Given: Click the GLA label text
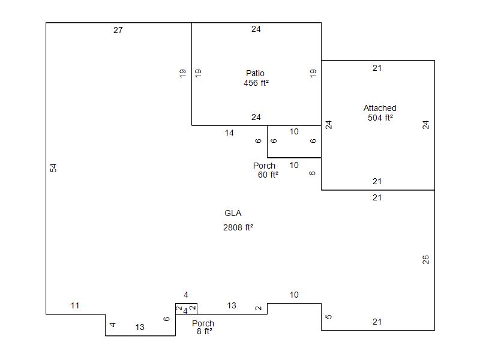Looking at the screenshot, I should pyautogui.click(x=233, y=213).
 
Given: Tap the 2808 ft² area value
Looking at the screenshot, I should pyautogui.click(x=238, y=227).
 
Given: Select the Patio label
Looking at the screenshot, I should pyautogui.click(x=255, y=74).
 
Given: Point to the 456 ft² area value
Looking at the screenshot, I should pyautogui.click(x=256, y=83).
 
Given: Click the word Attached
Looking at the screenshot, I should pyautogui.click(x=380, y=108).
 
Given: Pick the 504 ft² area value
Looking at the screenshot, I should pyautogui.click(x=380, y=118).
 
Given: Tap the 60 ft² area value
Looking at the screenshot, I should pyautogui.click(x=268, y=175).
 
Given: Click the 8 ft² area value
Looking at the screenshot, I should pyautogui.click(x=205, y=331).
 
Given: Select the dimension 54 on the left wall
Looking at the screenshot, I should pyautogui.click(x=53, y=168).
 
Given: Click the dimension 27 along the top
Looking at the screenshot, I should pyautogui.click(x=118, y=30).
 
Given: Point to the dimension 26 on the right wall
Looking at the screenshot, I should pyautogui.click(x=426, y=260).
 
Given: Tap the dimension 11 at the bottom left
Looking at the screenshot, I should pyautogui.click(x=75, y=306).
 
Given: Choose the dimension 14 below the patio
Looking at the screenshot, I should pyautogui.click(x=229, y=133).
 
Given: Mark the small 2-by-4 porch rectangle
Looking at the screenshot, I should pyautogui.click(x=186, y=308).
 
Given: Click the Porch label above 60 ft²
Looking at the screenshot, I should pyautogui.click(x=264, y=166).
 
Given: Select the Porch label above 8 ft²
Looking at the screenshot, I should pyautogui.click(x=203, y=323).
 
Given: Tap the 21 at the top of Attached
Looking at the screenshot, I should pyautogui.click(x=377, y=68).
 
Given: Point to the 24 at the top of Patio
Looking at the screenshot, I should pyautogui.click(x=256, y=29).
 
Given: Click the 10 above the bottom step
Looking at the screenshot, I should pyautogui.click(x=294, y=295).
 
